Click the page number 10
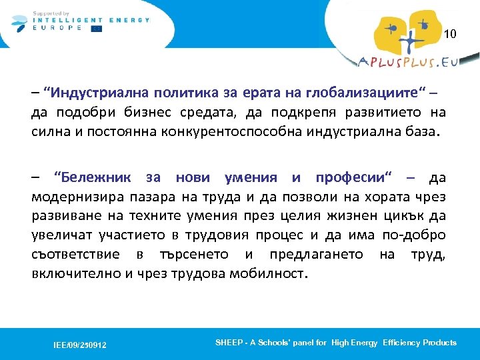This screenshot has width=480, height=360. point(450,34)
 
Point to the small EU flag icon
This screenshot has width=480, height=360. point(97,28)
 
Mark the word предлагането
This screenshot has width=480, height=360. point(318,255)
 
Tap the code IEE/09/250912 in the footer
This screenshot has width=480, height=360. point(80,345)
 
